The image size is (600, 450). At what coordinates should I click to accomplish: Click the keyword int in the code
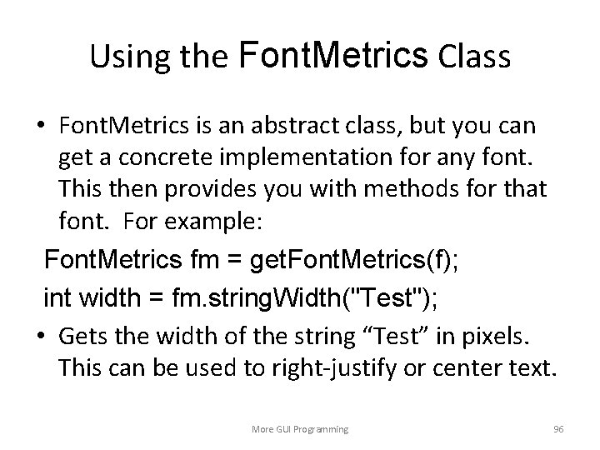click(x=57, y=294)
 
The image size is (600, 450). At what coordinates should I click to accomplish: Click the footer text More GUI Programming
click(x=300, y=428)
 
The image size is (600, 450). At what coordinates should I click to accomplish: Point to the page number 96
click(x=558, y=428)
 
